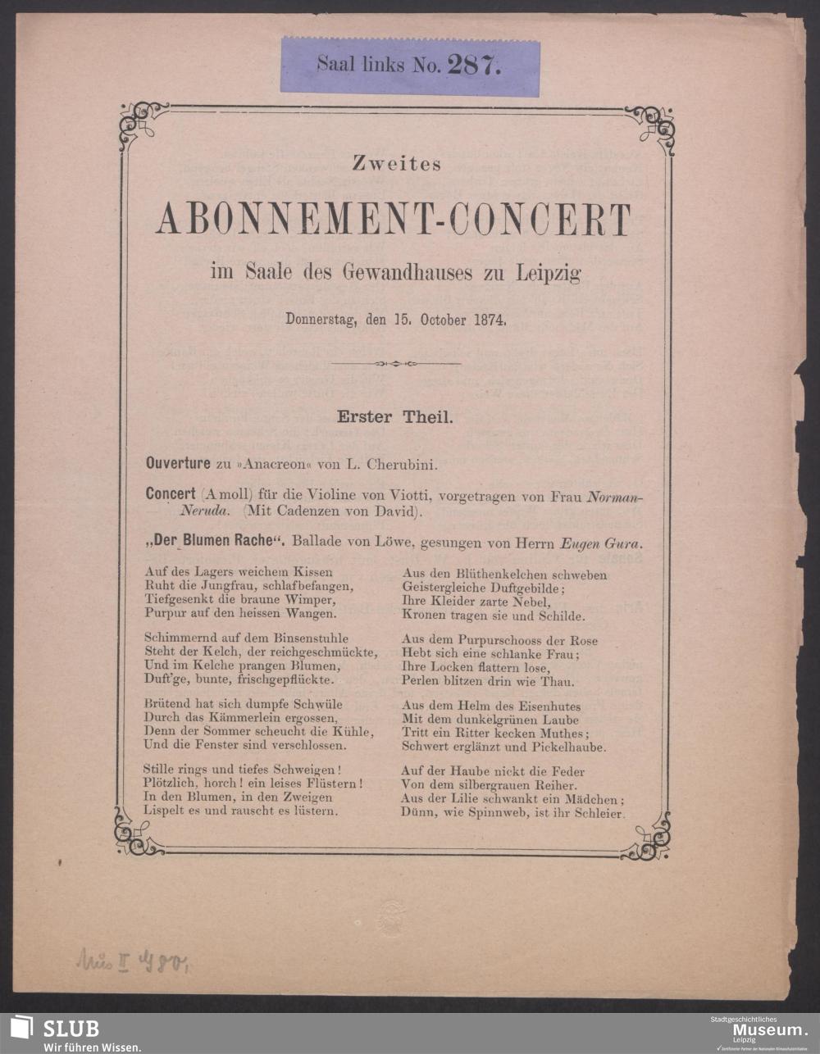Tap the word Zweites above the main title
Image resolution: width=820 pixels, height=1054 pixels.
397,164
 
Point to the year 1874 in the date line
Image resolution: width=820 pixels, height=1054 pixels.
490,320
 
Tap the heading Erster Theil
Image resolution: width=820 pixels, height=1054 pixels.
395,416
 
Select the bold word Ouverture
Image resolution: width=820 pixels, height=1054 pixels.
178,464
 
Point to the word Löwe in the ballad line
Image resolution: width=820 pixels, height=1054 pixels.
375,543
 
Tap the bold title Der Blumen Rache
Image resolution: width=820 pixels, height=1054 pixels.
214,543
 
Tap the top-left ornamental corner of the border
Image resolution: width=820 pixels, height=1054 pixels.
141,124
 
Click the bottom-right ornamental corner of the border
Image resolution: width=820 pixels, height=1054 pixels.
649,838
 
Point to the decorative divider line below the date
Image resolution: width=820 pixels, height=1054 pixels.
395,364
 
